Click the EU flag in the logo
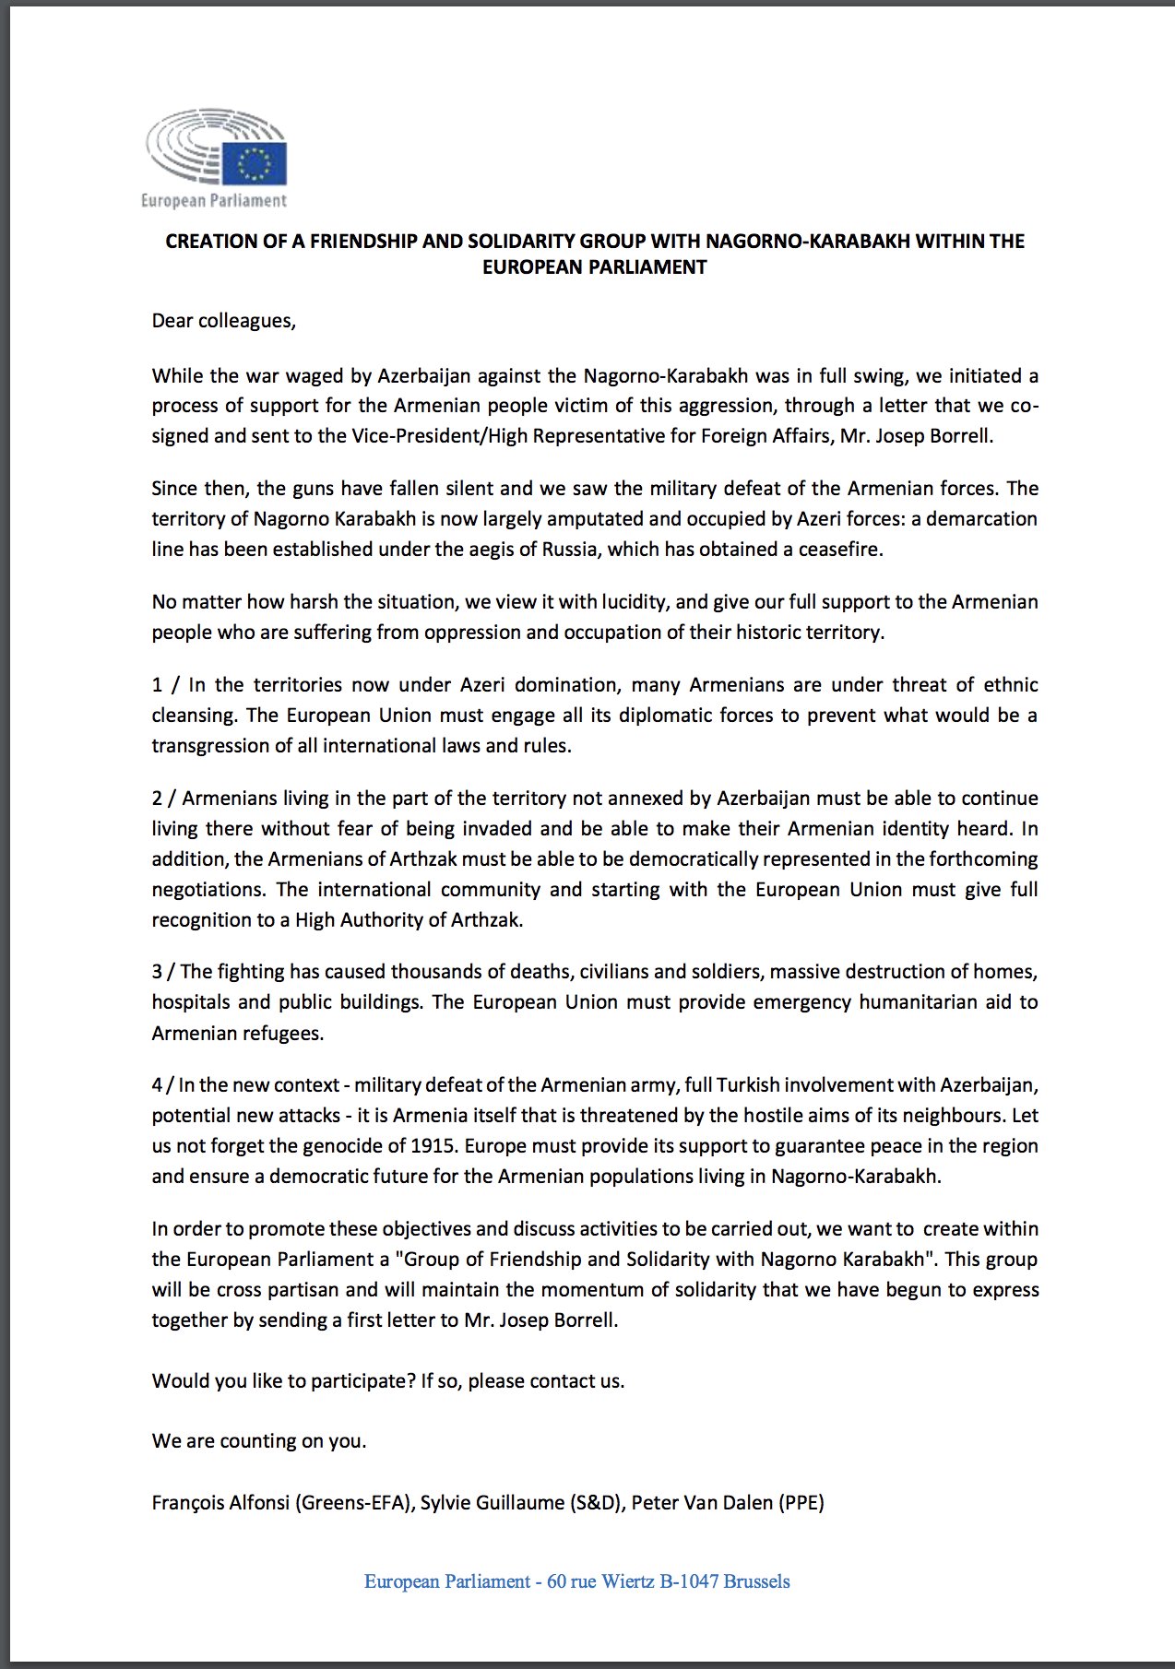point(254,164)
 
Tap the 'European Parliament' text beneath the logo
point(214,200)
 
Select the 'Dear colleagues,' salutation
point(224,321)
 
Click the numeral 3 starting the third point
point(157,972)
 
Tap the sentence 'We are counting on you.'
point(259,1441)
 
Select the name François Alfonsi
point(220,1503)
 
